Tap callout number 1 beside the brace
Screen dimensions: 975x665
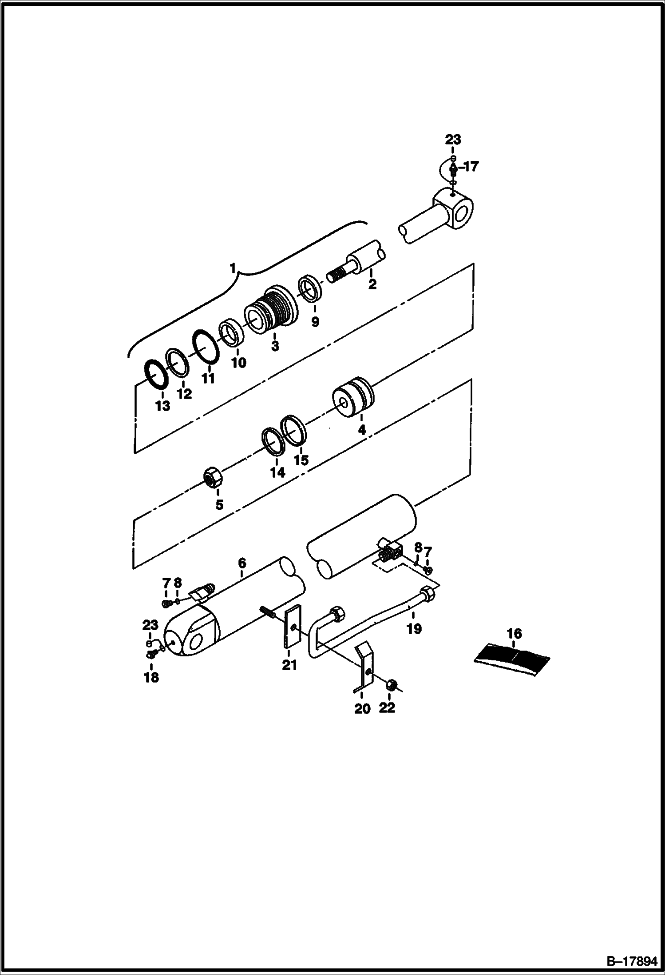(x=233, y=268)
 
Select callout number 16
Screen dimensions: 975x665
(x=515, y=633)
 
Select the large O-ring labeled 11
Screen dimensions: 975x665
(x=206, y=346)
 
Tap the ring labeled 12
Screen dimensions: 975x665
(x=178, y=362)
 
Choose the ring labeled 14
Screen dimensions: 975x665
(x=273, y=441)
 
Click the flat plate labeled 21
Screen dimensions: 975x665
(x=292, y=627)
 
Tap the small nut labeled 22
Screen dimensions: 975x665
(x=392, y=685)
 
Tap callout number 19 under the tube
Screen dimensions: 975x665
(x=414, y=629)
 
